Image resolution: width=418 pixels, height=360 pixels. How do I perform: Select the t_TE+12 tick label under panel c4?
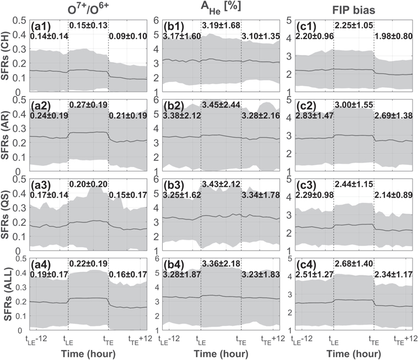coord(399,339)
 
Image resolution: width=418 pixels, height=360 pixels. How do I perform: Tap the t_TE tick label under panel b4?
coord(242,339)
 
